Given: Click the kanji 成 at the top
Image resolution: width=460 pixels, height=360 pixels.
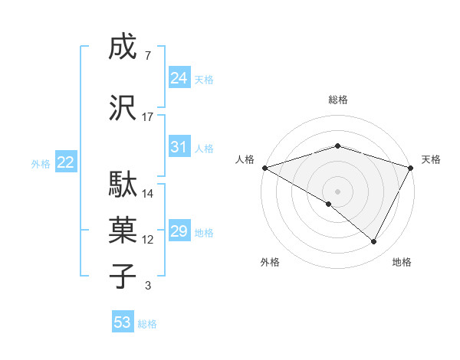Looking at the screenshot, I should (x=122, y=49).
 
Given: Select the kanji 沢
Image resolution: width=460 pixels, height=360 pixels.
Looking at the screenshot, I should (x=122, y=108).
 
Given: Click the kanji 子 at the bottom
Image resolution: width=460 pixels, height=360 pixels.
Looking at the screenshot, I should (x=122, y=275).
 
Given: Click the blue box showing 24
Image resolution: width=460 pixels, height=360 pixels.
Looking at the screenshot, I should (x=179, y=78).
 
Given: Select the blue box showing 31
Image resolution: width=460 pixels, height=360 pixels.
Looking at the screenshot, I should (x=179, y=147).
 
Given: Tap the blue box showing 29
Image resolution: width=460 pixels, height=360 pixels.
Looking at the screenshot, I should (x=179, y=231).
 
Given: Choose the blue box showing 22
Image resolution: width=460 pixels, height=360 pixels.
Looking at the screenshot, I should (x=66, y=162).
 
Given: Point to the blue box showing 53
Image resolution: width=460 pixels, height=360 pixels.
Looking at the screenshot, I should (x=123, y=322).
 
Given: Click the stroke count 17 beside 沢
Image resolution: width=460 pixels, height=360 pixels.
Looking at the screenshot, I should (x=148, y=116).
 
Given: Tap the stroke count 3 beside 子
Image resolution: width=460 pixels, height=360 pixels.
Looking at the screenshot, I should (x=148, y=286).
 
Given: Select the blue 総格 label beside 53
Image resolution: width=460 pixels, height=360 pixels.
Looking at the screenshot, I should (x=147, y=324).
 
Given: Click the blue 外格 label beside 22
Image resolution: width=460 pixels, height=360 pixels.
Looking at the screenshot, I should (x=41, y=163).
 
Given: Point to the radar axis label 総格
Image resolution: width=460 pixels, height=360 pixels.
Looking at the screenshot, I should (x=337, y=100).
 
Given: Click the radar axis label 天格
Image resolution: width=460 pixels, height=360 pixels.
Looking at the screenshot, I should (x=431, y=159).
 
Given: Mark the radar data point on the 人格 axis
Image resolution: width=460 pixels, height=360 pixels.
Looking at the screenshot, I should (x=264, y=167).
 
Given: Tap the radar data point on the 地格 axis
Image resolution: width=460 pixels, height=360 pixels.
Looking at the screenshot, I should (x=374, y=241).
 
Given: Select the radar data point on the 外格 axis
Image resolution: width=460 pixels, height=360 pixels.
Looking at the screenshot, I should (x=329, y=204).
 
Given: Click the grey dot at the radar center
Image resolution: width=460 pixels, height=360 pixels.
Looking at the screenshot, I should (x=337, y=191).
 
